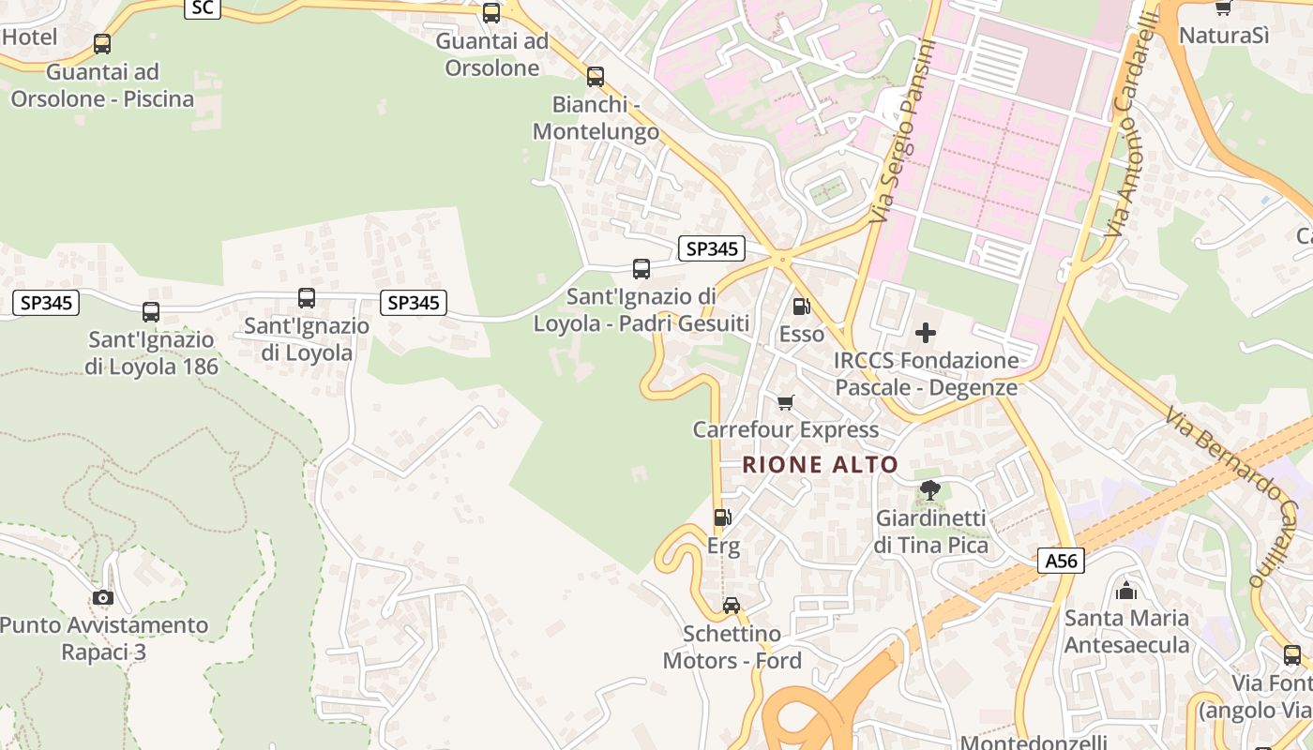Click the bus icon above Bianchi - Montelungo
click(595, 77)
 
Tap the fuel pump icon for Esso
click(801, 306)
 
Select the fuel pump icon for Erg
click(722, 517)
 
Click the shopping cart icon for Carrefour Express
click(786, 402)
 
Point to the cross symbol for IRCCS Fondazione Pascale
click(926, 333)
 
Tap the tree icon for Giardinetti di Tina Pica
click(929, 489)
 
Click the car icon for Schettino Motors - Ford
click(732, 606)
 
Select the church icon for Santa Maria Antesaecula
click(1126, 591)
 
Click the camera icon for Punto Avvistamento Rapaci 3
click(103, 597)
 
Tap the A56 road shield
click(1062, 561)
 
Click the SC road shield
click(203, 8)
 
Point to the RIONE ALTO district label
click(821, 464)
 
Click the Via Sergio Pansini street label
click(904, 131)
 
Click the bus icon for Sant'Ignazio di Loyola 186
click(151, 311)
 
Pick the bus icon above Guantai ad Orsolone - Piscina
click(102, 43)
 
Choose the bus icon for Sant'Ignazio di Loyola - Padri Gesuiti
click(641, 269)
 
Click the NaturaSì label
click(1223, 36)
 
